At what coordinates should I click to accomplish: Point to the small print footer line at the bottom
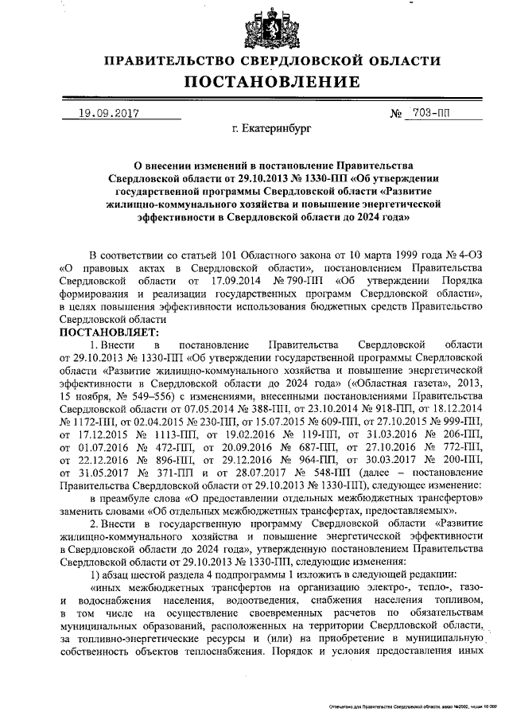point(414,706)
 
